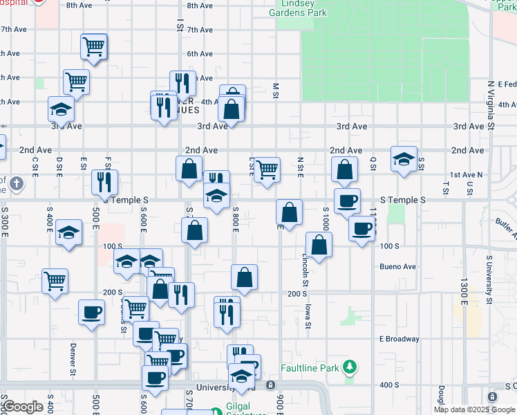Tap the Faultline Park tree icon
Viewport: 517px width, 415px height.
click(350, 367)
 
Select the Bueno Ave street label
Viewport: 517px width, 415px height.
click(398, 266)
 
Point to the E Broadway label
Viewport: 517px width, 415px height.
click(399, 339)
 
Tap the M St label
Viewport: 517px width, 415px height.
click(275, 91)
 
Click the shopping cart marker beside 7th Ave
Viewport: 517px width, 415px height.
click(93, 47)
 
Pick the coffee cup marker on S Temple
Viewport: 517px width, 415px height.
click(347, 201)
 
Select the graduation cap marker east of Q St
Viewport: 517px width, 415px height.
click(404, 160)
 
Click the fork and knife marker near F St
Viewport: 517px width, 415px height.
click(104, 182)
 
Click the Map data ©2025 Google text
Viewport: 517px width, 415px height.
click(474, 409)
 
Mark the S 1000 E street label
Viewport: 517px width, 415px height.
click(326, 219)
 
